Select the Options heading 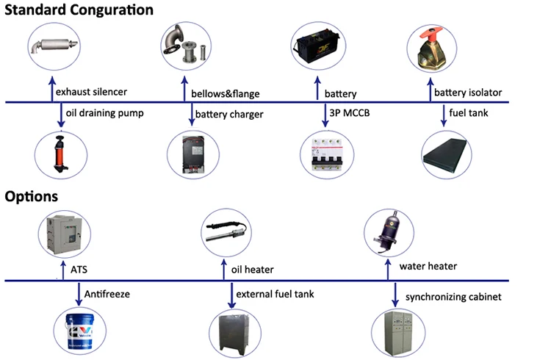[x=31, y=197]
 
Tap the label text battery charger [x=226, y=115]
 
